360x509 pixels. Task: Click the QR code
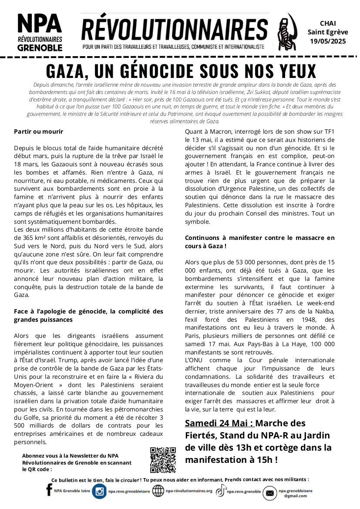point(163,460)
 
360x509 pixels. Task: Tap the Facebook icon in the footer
point(49,491)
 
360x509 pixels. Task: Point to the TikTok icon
point(221,491)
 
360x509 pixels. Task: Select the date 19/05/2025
point(328,41)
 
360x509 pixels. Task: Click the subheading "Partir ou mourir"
point(39,131)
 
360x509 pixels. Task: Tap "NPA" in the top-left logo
point(40,24)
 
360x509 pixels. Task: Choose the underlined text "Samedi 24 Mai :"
point(219,423)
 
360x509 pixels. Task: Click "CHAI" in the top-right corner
point(328,23)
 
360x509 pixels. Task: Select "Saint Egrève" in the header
point(328,32)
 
